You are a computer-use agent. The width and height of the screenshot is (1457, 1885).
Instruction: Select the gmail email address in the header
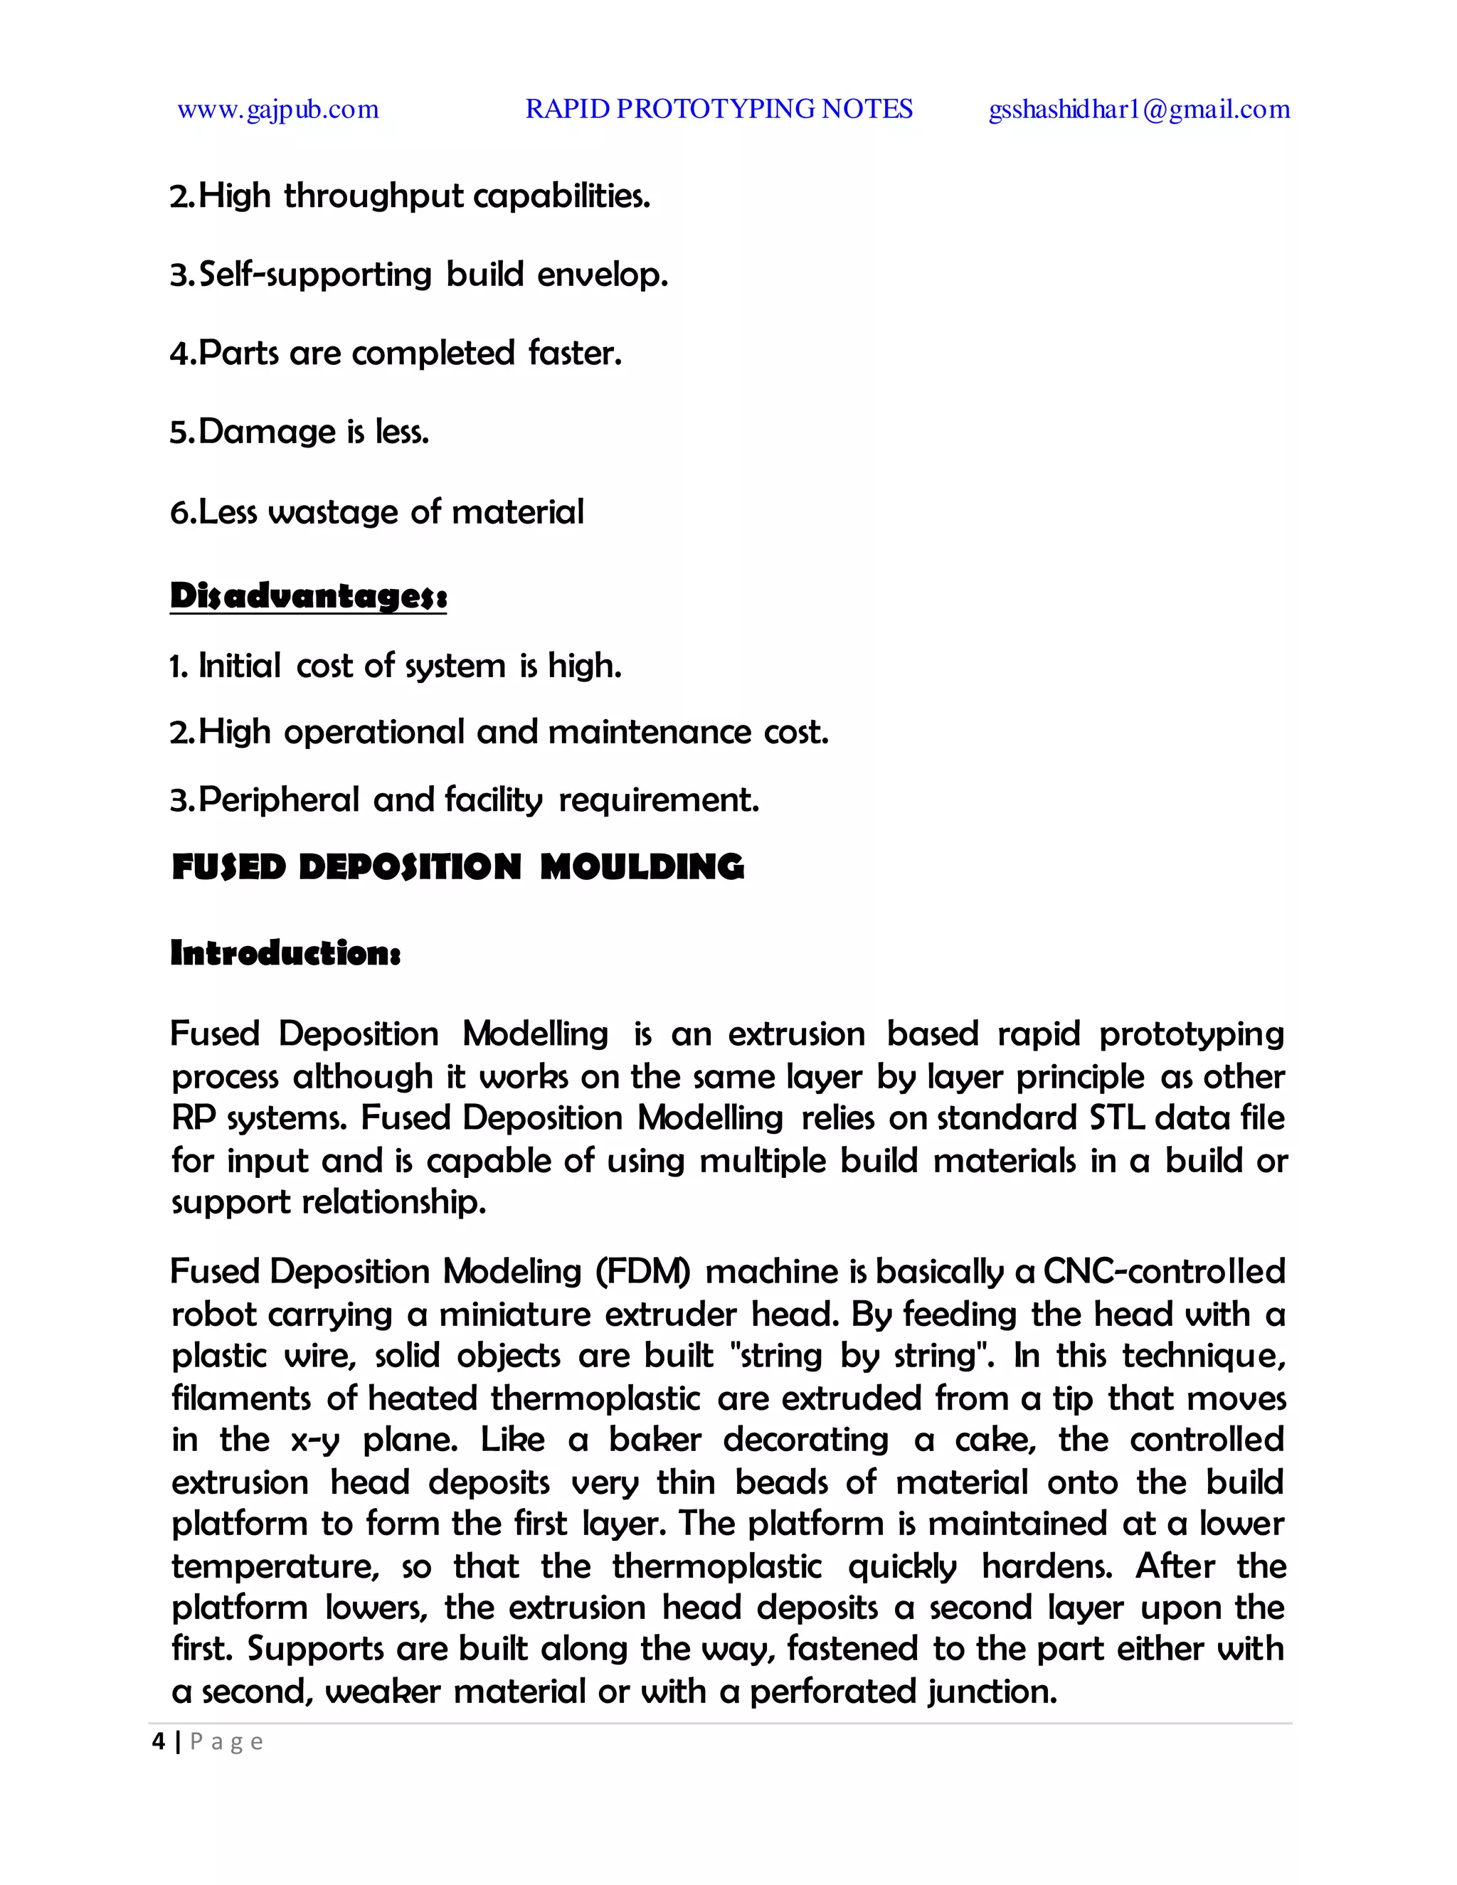pos(1138,110)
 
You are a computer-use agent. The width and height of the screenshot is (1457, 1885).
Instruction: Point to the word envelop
pos(602,275)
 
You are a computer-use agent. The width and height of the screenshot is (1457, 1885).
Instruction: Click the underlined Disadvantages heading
pos(308,596)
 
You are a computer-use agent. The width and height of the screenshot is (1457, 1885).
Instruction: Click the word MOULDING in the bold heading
pos(642,866)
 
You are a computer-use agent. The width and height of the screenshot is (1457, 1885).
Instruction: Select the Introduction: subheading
pos(285,953)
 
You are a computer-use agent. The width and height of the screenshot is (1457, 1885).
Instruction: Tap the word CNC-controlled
pos(1165,1271)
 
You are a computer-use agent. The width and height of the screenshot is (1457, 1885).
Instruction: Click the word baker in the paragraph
pos(655,1440)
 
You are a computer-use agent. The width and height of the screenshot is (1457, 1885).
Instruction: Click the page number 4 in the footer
pos(158,1742)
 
